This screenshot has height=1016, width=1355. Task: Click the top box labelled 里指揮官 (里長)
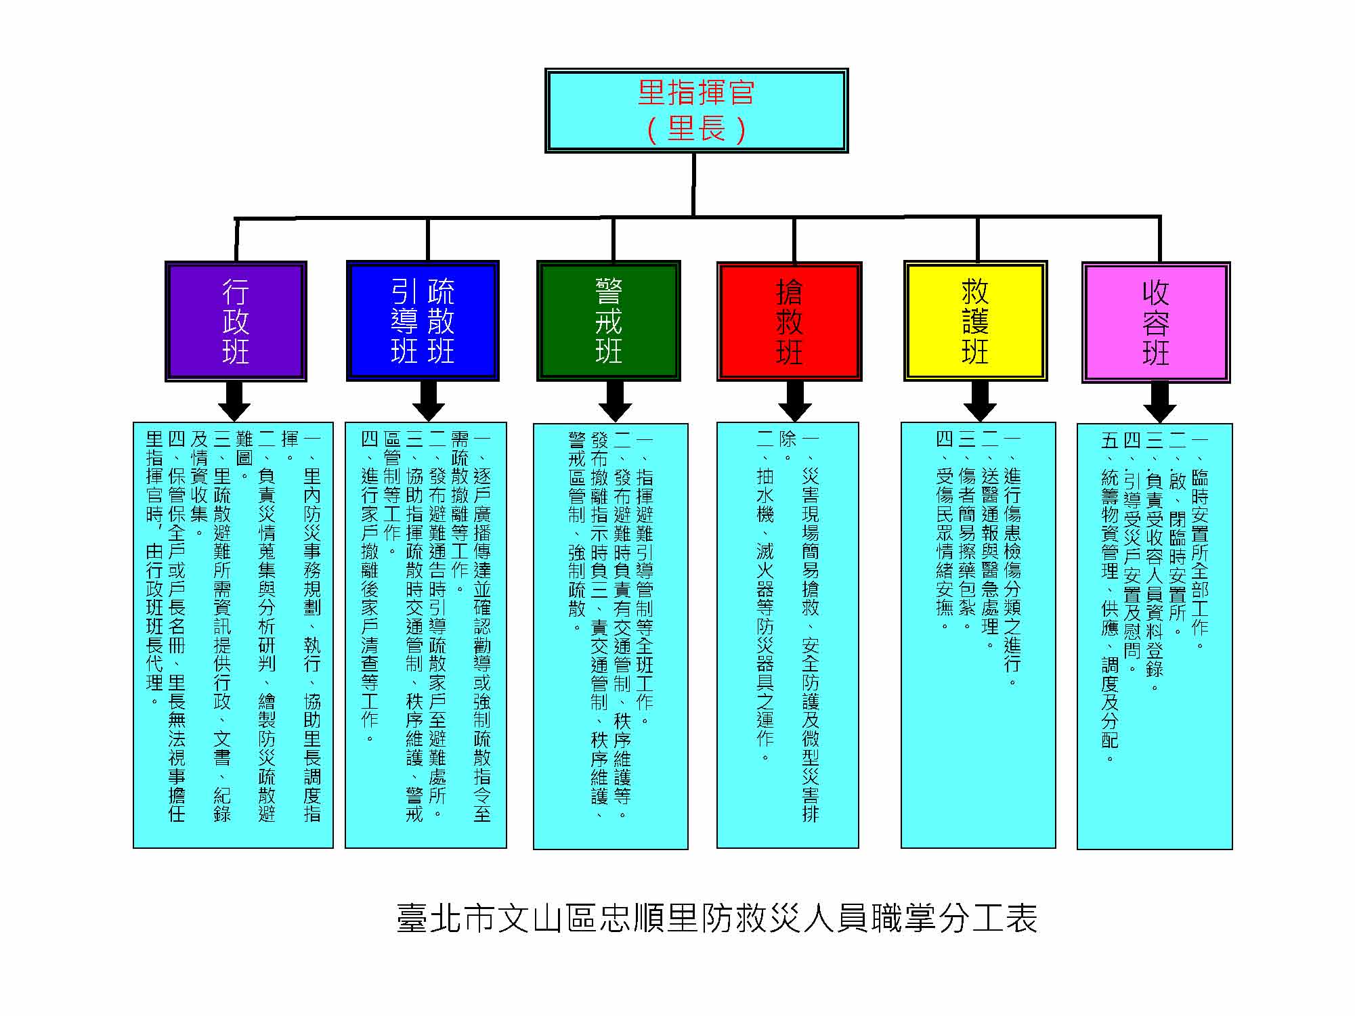[x=696, y=110]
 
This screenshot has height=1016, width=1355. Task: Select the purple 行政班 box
[x=236, y=321]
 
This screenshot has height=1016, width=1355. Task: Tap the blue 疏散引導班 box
[x=423, y=321]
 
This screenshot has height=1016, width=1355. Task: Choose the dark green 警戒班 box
[x=608, y=321]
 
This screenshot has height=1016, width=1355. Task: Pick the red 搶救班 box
[x=789, y=321]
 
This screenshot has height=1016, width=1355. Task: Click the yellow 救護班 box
[x=975, y=321]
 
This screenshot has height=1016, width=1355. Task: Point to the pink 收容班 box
[x=1155, y=322]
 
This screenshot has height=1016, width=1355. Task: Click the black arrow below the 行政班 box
[x=234, y=401]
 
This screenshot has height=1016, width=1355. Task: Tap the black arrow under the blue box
[x=428, y=401]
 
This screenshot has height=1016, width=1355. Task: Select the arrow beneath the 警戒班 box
[x=615, y=401]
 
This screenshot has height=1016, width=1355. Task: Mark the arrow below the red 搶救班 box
[x=795, y=401]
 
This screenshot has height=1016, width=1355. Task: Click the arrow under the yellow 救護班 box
[x=979, y=401]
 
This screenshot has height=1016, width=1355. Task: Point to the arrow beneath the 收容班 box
[x=1159, y=403]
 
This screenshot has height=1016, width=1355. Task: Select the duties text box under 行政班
[x=233, y=636]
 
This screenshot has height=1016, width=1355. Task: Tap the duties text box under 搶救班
[x=788, y=636]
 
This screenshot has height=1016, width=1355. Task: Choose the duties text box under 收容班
[x=1155, y=636]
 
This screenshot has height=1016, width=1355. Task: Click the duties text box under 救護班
[x=978, y=636]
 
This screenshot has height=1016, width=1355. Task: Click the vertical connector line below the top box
[x=694, y=185]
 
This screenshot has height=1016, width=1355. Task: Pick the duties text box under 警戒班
[x=611, y=636]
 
